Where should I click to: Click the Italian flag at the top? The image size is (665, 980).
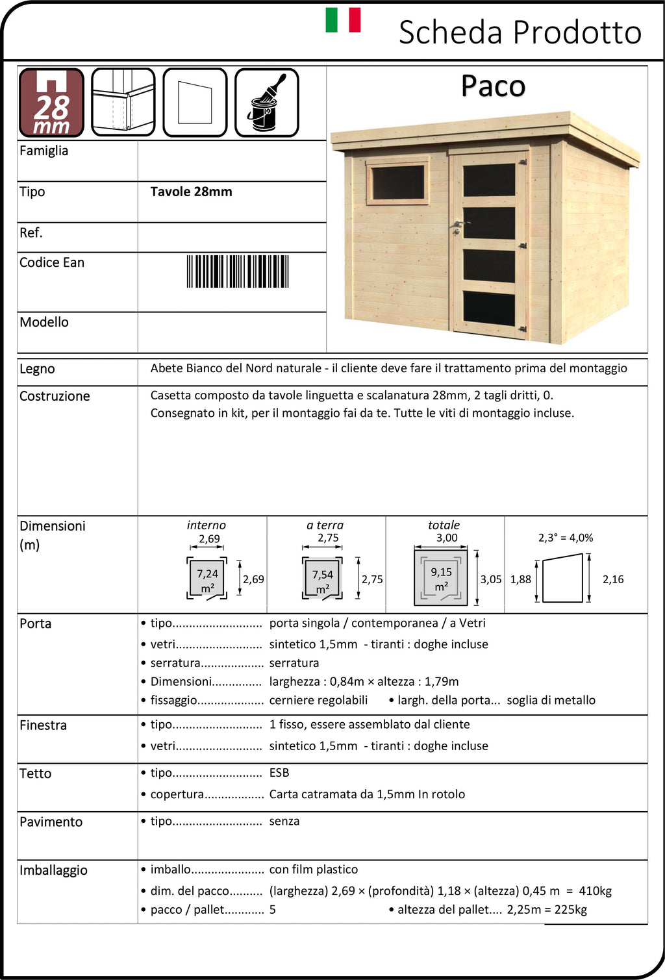pos(343,20)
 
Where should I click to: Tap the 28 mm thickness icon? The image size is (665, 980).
pos(51,103)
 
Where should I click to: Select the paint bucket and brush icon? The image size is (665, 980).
pos(266,103)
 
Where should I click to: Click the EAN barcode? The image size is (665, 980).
pos(238,271)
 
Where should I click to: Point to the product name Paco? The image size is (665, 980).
pos(493,86)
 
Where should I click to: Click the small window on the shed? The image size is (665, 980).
pos(397,182)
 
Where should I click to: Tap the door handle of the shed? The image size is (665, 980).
pos(458,225)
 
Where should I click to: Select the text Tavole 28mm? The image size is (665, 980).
pos(191,192)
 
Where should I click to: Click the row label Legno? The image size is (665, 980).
pos(37,369)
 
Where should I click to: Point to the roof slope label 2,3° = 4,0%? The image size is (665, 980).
pos(566,538)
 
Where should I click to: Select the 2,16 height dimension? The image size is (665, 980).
pos(613,579)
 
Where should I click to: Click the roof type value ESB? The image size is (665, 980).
pos(279,773)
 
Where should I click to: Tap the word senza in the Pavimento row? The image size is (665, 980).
pos(284,821)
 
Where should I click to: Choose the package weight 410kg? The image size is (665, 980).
pos(595,891)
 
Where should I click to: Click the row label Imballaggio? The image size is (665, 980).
pos(53,870)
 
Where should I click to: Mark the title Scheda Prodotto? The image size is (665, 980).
pos(520,32)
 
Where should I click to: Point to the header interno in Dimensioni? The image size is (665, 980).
pos(207,525)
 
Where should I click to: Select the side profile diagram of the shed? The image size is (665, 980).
pos(562,578)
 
